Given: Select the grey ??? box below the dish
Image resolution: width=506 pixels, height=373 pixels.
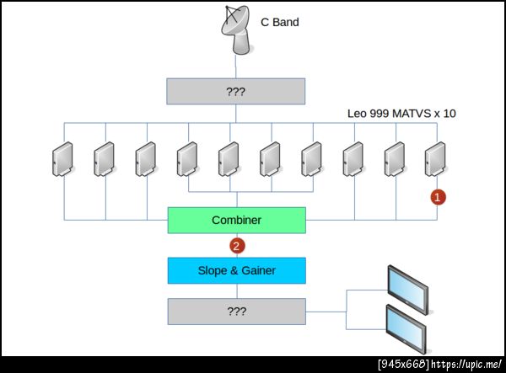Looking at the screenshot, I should click(x=236, y=91).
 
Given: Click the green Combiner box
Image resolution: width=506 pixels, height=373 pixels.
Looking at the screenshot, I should click(x=236, y=221).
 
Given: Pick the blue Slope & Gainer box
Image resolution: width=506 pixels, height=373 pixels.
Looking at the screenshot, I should click(x=236, y=270).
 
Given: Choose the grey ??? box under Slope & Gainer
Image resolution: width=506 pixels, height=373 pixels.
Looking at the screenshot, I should click(x=236, y=311).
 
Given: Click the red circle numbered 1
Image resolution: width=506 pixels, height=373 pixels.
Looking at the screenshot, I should click(x=438, y=197).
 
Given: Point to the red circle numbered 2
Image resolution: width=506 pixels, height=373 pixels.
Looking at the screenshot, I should click(x=237, y=246).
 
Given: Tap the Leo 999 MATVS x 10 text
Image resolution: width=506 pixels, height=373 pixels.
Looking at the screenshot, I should click(x=401, y=113).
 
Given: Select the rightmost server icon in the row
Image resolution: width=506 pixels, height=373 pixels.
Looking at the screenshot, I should click(x=436, y=157).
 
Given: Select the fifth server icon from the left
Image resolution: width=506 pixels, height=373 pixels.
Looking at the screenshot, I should click(x=229, y=157).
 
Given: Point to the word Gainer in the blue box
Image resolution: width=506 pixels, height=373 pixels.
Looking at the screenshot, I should click(x=259, y=270).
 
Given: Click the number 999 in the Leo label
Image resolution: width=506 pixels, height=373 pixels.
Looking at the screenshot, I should click(x=381, y=113).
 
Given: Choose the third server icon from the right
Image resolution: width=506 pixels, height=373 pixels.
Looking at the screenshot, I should click(x=353, y=157).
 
